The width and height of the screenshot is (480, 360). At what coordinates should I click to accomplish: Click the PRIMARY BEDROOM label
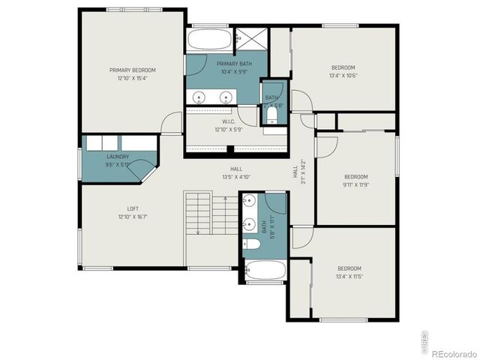(133, 70)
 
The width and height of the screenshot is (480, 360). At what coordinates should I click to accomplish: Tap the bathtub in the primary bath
(208, 39)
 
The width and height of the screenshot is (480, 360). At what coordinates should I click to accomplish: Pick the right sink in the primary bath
(226, 97)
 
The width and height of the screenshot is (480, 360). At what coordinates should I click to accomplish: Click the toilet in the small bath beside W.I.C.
(271, 118)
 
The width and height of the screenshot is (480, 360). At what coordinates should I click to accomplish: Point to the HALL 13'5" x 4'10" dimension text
(236, 177)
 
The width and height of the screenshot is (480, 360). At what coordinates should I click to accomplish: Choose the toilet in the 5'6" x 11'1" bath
(253, 244)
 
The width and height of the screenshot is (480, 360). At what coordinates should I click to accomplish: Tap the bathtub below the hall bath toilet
(265, 270)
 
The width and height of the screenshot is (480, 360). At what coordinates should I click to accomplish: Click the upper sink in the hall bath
(249, 201)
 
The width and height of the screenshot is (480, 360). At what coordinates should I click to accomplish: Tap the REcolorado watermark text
(452, 352)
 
